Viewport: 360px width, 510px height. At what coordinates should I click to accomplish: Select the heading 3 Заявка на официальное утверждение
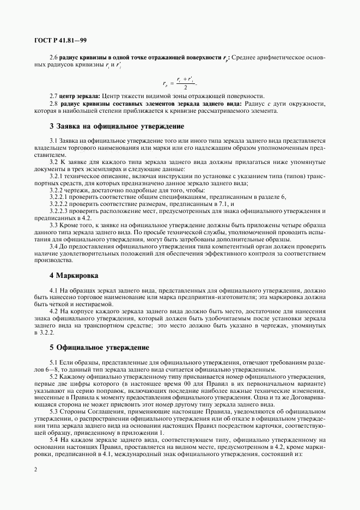117,126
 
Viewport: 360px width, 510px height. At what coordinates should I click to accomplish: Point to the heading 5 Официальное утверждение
99,347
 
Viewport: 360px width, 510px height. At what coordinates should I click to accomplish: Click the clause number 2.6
53,58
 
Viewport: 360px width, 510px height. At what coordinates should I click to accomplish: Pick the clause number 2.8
53,104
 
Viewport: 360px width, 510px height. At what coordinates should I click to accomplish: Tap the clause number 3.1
53,142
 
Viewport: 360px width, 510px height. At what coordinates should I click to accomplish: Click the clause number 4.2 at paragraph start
53,311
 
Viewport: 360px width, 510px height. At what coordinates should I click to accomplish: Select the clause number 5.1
53,362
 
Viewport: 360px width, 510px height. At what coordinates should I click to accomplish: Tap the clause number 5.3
53,411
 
